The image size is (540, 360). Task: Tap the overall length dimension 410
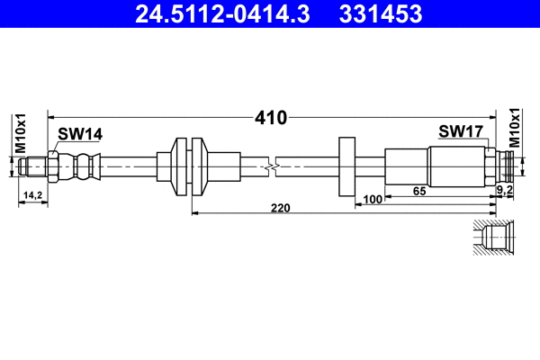(270, 118)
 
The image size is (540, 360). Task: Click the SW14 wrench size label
(80, 134)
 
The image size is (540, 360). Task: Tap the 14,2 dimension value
(33, 195)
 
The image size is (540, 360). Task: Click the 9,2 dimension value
(505, 192)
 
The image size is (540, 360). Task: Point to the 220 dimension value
(280, 208)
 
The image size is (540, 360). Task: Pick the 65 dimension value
(418, 191)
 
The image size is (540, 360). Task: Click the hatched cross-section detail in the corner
(493, 238)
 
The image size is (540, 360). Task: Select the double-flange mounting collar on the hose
(190, 166)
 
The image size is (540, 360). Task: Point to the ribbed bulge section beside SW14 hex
(79, 166)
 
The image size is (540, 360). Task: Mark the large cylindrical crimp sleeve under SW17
(455, 166)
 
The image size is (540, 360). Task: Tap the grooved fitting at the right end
(509, 166)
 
